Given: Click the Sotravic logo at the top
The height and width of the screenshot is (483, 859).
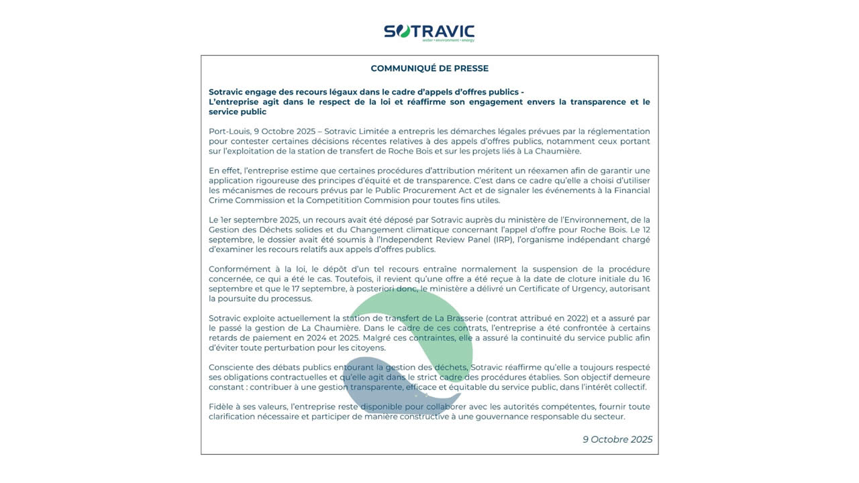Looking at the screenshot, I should coord(429,31).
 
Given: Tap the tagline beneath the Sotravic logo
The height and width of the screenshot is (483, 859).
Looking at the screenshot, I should coord(448,40).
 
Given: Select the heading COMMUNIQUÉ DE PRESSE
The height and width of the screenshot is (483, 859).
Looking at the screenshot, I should coord(429,68).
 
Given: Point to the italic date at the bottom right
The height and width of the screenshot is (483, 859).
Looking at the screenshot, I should coord(617,439).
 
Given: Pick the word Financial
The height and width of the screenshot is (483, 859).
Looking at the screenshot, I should coord(628,191).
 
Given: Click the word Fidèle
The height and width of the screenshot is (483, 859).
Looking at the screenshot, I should coord(220,407).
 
